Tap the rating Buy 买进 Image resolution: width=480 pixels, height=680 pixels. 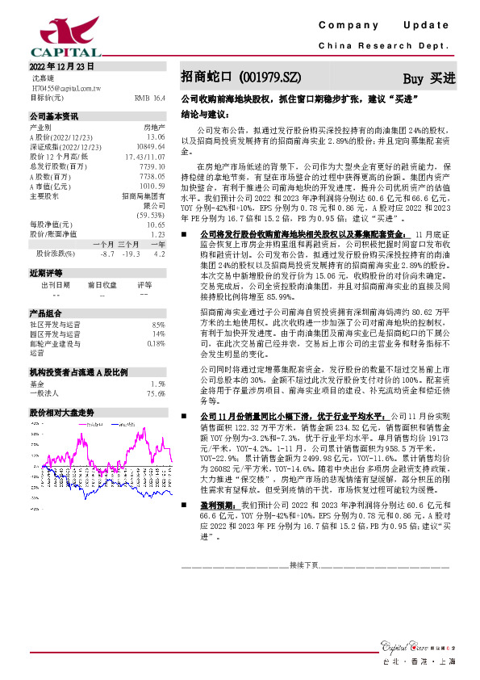tap(428, 78)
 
